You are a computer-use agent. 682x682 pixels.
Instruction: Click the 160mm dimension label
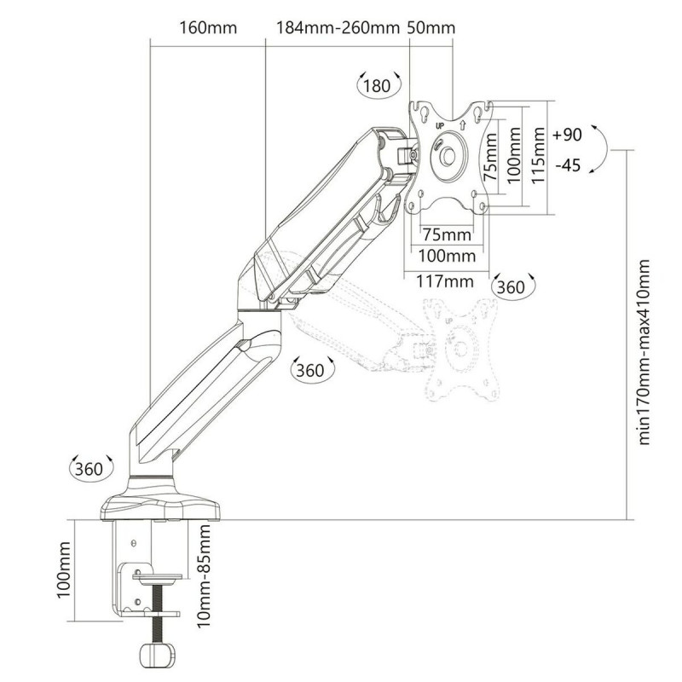click(x=209, y=28)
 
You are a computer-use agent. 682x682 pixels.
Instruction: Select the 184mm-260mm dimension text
click(x=338, y=28)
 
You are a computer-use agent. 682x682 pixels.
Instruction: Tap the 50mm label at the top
click(x=431, y=28)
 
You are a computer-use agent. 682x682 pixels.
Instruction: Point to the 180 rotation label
click(x=375, y=86)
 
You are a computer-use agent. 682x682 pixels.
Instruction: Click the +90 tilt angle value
click(x=567, y=136)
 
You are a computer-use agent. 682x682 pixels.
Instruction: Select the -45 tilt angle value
click(x=567, y=165)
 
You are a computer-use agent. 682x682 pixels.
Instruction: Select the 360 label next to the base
click(x=88, y=469)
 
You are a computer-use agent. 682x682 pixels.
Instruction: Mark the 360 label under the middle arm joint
click(x=308, y=371)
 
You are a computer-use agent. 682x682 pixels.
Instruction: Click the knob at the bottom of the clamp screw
click(x=155, y=656)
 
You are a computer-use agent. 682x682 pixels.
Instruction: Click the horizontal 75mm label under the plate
click(x=448, y=234)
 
